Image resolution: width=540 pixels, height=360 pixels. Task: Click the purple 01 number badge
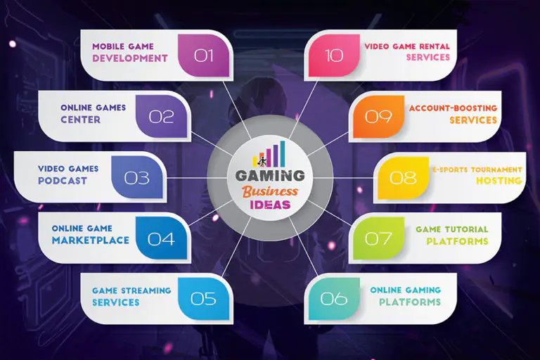[x=203, y=55]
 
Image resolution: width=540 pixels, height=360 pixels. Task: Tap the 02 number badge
[x=161, y=117]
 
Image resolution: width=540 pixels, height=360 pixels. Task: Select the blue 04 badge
[x=161, y=238]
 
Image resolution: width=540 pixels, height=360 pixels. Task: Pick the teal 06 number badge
[x=334, y=298]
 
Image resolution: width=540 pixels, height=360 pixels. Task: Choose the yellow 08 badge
[x=403, y=178]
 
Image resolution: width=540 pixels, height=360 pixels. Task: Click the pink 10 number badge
[x=334, y=55]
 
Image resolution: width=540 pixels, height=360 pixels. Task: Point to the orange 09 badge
[x=378, y=117]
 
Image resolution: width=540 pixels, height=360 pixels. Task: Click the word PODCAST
[x=63, y=181]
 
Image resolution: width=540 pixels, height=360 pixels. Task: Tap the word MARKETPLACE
[x=91, y=240]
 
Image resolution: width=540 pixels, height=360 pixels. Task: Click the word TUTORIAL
[x=466, y=229]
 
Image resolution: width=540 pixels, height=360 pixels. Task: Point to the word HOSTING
[x=499, y=181]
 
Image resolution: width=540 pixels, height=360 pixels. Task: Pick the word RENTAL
[x=435, y=46]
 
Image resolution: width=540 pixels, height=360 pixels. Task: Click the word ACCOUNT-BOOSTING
[x=454, y=108]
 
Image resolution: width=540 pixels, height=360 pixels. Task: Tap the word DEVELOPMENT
[x=130, y=58]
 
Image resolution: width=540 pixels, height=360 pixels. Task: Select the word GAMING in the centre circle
[x=270, y=176]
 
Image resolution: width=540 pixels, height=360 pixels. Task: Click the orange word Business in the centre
[x=270, y=191]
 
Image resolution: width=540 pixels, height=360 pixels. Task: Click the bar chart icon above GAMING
[x=269, y=154]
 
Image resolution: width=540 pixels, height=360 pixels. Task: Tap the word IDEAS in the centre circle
[x=270, y=205]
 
